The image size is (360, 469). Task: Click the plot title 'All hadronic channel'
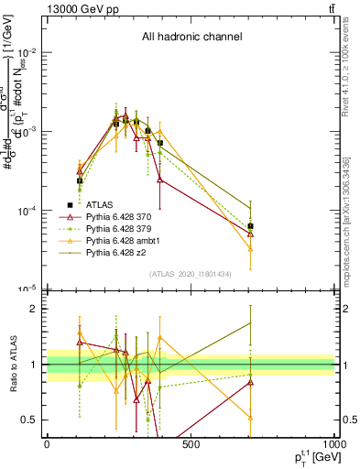tap(191, 38)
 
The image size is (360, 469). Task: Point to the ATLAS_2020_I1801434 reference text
tap(191, 274)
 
